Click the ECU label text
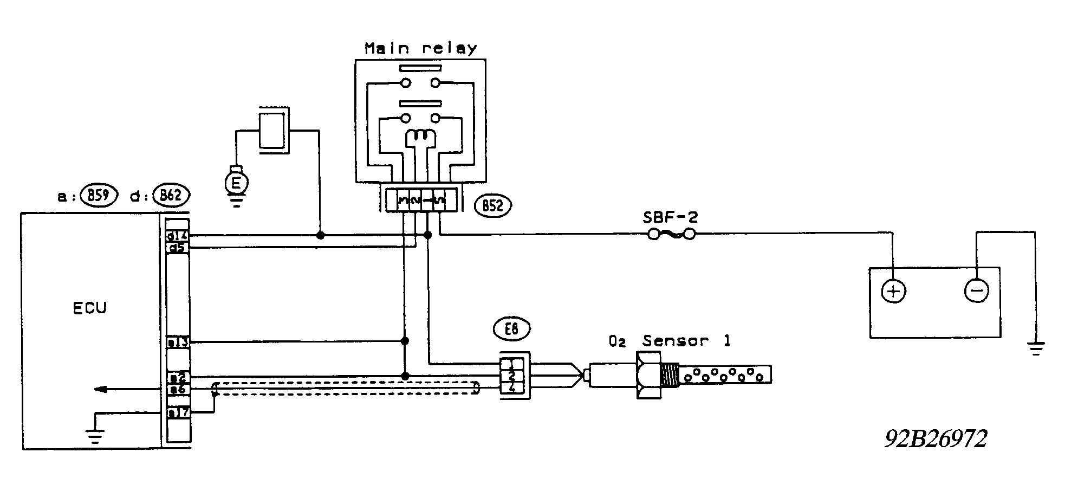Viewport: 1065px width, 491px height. coord(90,308)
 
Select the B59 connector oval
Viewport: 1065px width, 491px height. coord(99,196)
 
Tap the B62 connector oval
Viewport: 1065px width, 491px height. coord(171,196)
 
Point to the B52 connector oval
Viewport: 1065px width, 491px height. coord(493,206)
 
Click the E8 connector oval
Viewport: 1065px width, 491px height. coord(512,329)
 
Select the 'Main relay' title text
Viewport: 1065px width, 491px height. coord(420,48)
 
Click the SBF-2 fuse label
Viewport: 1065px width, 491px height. coord(670,218)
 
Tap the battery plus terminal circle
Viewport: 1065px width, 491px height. coord(893,292)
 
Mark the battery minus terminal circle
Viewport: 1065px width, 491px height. coord(977,291)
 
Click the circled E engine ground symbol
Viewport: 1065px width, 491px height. coord(236,183)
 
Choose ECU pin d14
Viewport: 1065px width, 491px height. coord(177,236)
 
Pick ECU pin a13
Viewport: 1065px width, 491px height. coord(177,342)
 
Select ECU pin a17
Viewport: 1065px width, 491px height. coord(177,413)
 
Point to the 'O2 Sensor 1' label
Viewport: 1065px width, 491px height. coord(670,341)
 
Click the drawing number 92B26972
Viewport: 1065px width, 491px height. coord(936,439)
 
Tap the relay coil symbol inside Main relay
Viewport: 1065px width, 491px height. coord(420,137)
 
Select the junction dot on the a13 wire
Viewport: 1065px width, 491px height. coord(404,341)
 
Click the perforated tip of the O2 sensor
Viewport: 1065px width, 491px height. coord(726,374)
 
